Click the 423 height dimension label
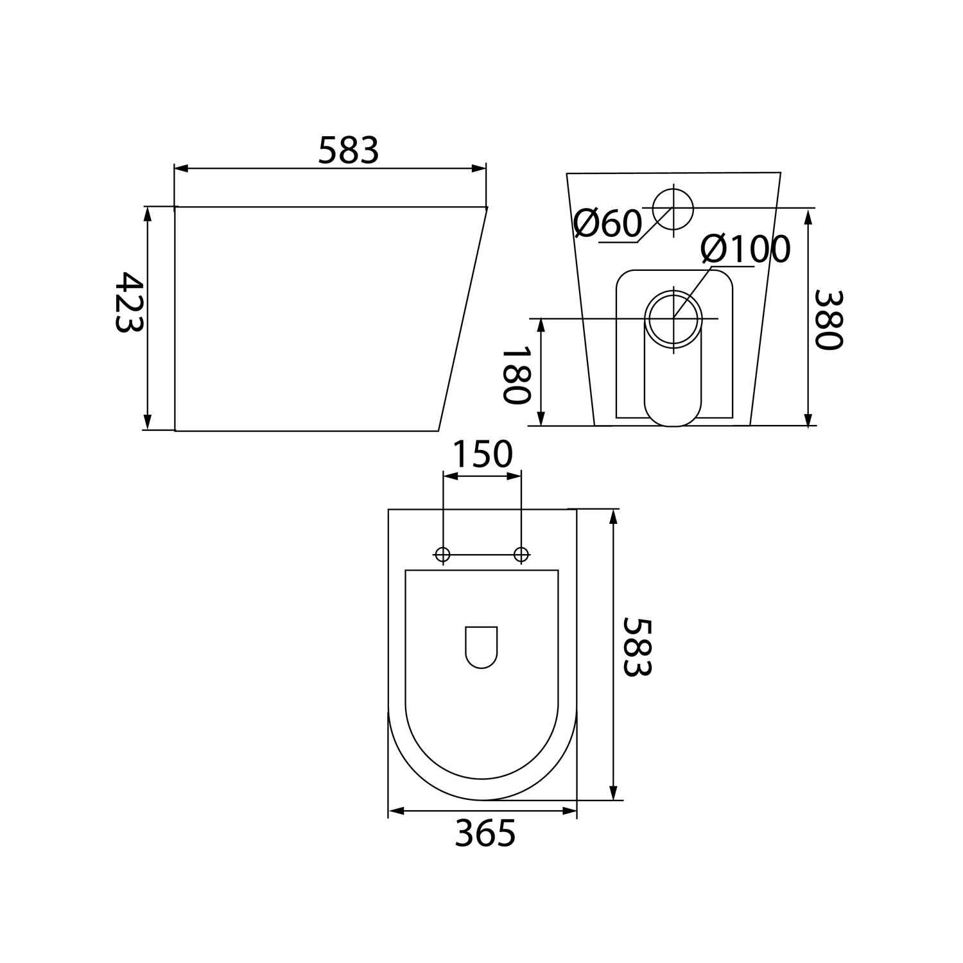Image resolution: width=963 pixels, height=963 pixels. pos(128,302)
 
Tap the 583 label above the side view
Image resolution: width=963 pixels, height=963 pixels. pos(349,151)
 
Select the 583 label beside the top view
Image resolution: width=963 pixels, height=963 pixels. pos(637,647)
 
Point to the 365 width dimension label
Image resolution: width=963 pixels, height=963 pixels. pos(485,834)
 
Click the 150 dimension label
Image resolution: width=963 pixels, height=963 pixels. pos(483,454)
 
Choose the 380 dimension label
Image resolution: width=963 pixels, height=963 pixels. pos(828,320)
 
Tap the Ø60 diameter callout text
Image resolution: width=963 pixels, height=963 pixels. pos(607,223)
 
